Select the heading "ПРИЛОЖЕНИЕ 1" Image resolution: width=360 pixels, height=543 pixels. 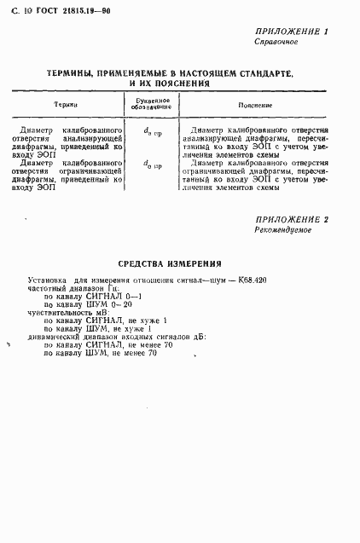[x=292, y=31]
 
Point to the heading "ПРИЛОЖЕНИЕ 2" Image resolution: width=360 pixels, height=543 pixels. [x=292, y=220]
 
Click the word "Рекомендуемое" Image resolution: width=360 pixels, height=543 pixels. [x=284, y=230]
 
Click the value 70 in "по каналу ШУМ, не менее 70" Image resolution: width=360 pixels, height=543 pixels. [x=152, y=353]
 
